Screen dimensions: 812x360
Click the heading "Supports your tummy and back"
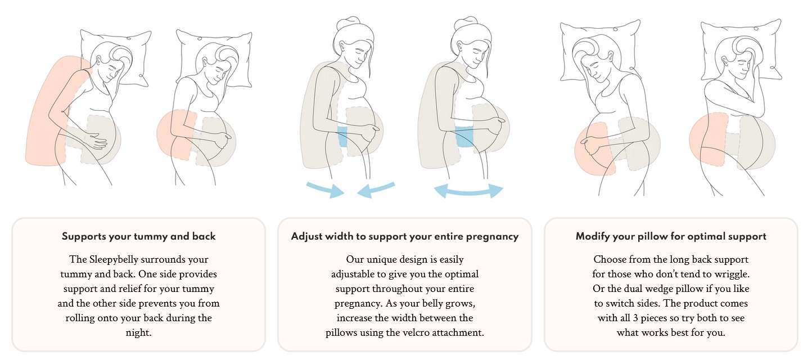(x=138, y=236)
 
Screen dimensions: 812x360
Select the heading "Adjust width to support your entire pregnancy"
(x=404, y=236)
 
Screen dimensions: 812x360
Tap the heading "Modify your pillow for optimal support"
(x=671, y=236)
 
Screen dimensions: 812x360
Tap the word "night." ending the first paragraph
(x=138, y=332)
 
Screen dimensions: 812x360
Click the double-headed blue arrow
(x=468, y=191)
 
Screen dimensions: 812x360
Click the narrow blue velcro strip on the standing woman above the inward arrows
(x=342, y=137)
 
